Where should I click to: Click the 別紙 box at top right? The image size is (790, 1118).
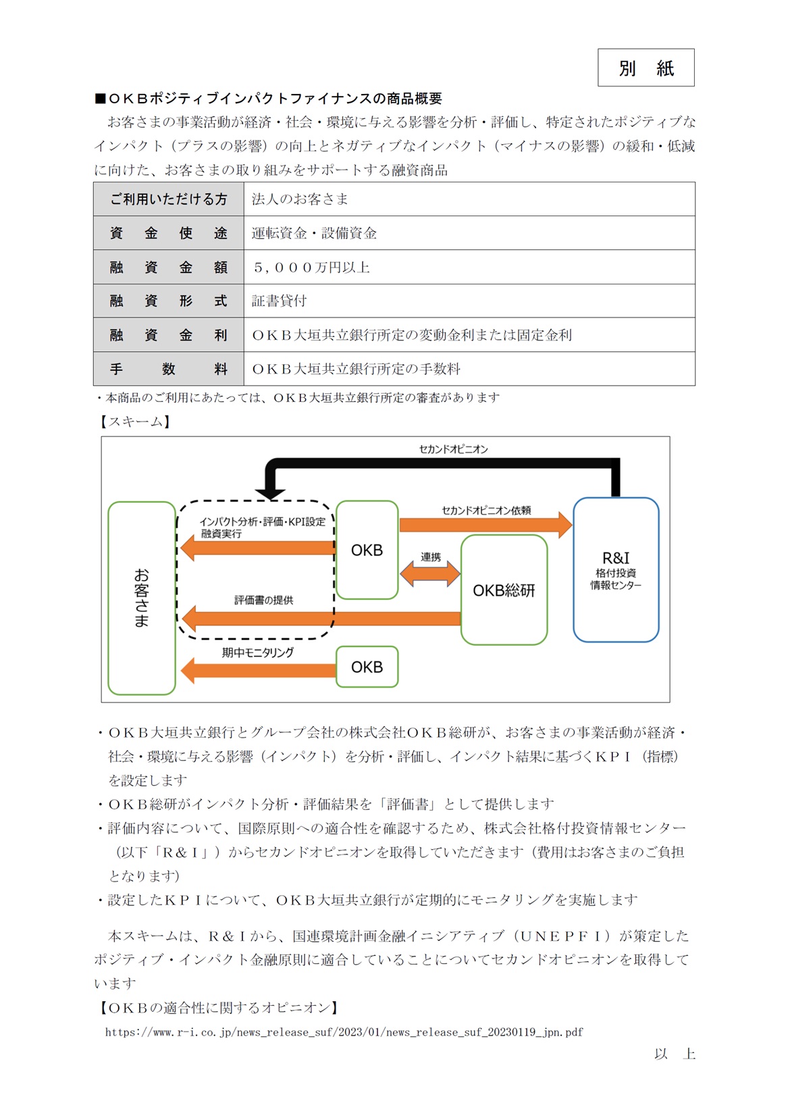(x=646, y=68)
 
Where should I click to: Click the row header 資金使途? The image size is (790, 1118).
(x=168, y=233)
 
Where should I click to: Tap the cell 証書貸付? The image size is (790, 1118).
(x=279, y=301)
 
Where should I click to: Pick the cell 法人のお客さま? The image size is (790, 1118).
(x=300, y=199)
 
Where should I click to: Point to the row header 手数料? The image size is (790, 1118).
(x=168, y=370)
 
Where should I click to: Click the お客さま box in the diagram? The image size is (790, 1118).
(x=141, y=597)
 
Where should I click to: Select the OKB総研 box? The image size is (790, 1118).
(x=504, y=590)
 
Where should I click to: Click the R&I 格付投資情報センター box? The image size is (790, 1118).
(x=615, y=569)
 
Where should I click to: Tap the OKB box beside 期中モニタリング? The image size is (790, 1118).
(x=367, y=667)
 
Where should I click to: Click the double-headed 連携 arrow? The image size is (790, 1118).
(x=430, y=574)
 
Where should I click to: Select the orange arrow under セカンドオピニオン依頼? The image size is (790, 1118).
(x=485, y=525)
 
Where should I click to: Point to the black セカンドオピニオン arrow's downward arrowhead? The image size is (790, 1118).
(x=270, y=492)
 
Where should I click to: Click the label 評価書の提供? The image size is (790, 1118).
(x=263, y=600)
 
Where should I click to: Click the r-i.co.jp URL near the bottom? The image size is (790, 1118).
(x=344, y=1032)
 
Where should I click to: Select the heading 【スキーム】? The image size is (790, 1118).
(x=134, y=422)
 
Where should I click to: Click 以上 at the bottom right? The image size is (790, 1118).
(x=674, y=1054)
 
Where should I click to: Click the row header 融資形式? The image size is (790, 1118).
(x=168, y=301)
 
